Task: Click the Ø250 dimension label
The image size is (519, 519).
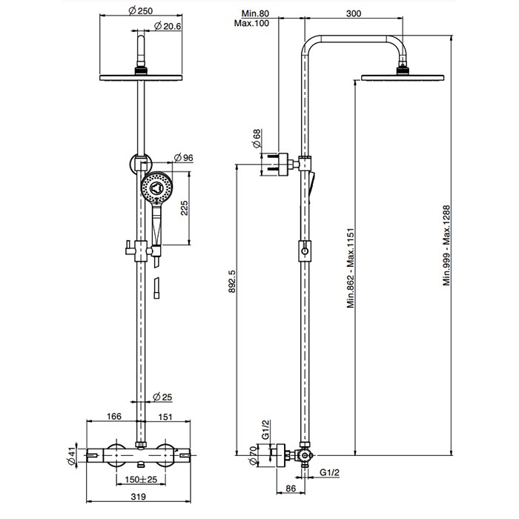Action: click(141, 11)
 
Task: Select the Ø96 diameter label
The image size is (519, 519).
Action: click(182, 157)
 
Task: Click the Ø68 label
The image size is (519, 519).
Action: click(257, 139)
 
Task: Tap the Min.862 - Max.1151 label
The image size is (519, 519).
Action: click(352, 273)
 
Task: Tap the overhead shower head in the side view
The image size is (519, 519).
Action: click(403, 75)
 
